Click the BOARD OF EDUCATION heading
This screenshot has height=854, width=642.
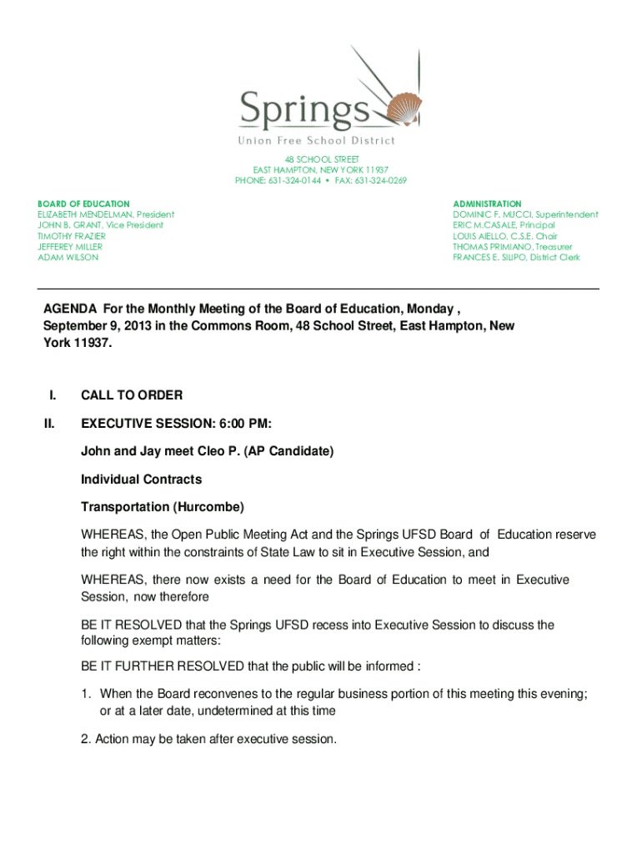click(83, 203)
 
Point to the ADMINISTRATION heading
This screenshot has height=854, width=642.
click(487, 203)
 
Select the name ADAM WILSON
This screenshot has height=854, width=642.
click(68, 258)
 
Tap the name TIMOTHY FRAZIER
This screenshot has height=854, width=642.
click(72, 236)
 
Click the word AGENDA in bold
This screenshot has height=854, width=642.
click(70, 310)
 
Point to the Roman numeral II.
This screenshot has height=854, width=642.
click(49, 424)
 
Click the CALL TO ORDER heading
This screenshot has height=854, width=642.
click(132, 394)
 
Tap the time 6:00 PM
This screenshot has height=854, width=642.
click(242, 424)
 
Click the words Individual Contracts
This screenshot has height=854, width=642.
click(141, 480)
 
